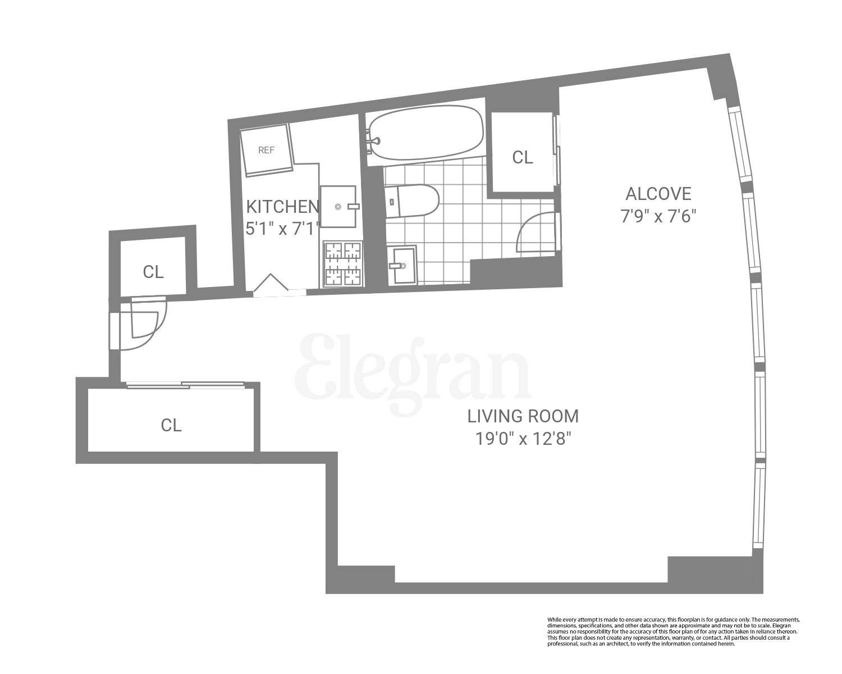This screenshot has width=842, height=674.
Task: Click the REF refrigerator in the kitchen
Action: [x=267, y=150]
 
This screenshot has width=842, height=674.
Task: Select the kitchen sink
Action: [x=338, y=207]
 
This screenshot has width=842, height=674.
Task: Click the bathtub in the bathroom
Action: [x=425, y=132]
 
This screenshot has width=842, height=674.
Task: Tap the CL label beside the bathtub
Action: [x=522, y=158]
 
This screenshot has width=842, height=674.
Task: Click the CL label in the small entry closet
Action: [x=153, y=272]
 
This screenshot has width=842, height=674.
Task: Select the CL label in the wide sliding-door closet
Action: [x=171, y=425]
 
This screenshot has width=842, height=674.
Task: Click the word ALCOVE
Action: [x=658, y=194]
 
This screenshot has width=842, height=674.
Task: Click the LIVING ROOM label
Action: [x=523, y=416]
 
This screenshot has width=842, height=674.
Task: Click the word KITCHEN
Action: [x=283, y=206]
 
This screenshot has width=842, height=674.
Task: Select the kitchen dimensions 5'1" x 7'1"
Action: [x=282, y=228]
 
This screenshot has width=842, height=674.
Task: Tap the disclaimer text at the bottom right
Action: [x=673, y=632]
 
